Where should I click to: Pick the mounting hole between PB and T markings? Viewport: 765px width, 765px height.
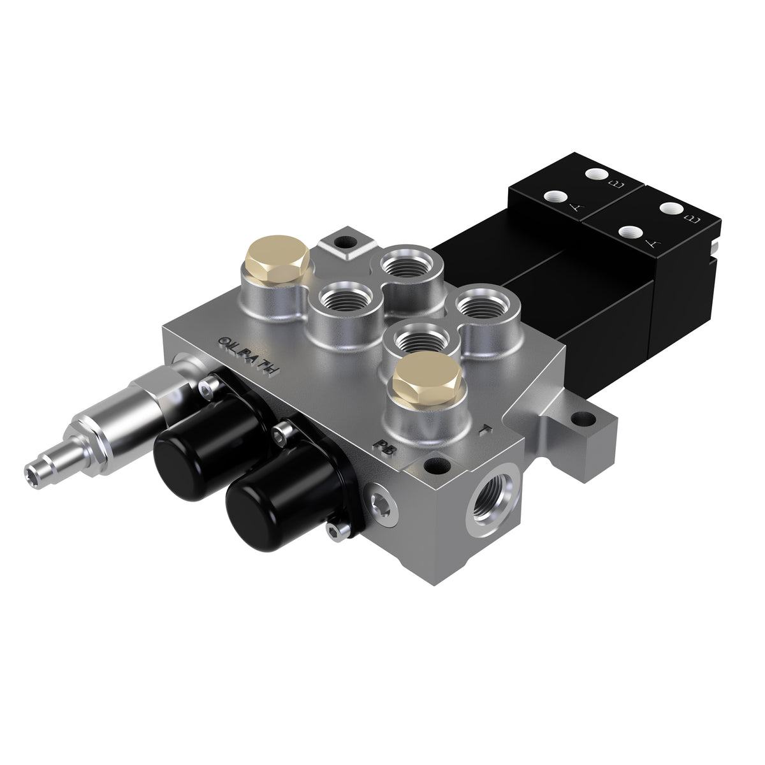coord(437,464)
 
